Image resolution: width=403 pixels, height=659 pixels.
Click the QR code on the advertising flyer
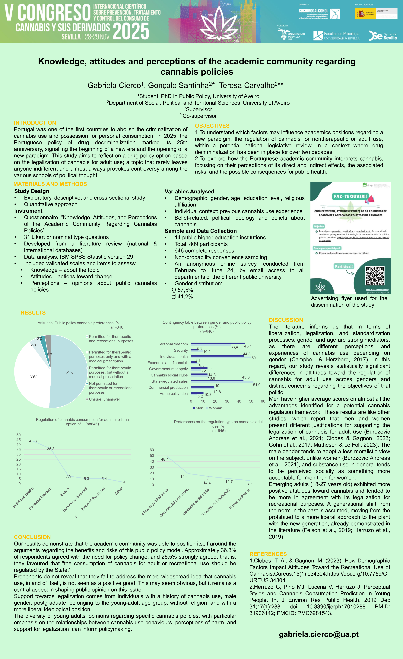click(375, 276)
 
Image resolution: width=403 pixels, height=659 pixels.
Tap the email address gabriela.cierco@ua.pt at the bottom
click(319, 634)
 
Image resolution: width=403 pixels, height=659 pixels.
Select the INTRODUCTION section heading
click(35, 123)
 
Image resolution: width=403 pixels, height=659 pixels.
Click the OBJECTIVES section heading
click(212, 126)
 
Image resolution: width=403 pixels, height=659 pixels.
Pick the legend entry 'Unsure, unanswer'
click(104, 399)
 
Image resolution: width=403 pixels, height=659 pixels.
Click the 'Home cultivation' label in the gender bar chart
click(174, 394)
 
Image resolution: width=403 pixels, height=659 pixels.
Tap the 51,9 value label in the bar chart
click(256, 385)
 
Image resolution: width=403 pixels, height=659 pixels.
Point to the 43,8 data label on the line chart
click(33, 441)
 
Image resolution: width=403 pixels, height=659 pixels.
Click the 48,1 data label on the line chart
click(165, 459)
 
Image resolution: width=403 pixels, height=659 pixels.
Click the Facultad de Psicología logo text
click(341, 34)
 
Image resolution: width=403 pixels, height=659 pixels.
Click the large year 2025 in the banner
click(131, 31)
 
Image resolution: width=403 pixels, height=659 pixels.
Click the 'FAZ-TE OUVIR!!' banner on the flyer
click(350, 196)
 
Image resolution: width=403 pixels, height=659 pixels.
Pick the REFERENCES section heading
click(268, 554)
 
